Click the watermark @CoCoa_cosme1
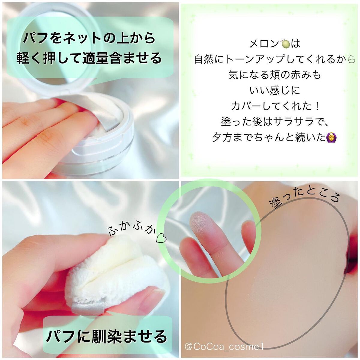point(224,347)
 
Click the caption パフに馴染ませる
point(107,336)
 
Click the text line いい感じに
point(274,90)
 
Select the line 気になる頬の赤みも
point(274,75)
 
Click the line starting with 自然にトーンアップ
point(274,59)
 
